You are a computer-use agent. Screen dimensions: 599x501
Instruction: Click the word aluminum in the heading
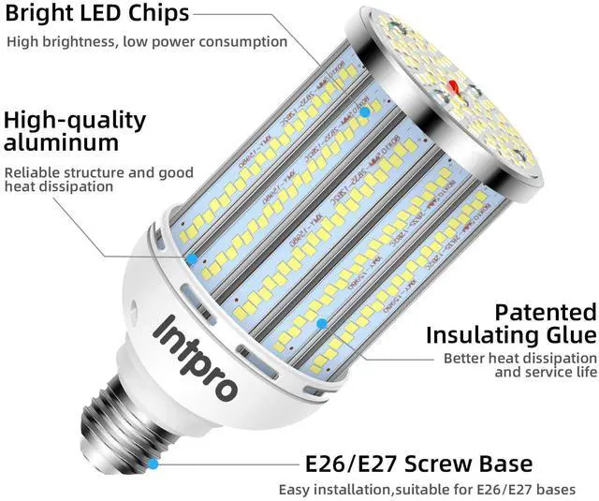[62, 142]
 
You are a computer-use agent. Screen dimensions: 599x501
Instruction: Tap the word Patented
[545, 312]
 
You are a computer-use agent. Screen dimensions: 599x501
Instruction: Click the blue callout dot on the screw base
[153, 463]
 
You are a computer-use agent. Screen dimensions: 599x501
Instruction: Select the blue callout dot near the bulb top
[365, 111]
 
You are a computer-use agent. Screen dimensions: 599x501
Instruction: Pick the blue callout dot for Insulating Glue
[321, 323]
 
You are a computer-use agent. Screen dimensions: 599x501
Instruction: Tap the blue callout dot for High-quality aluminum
[191, 258]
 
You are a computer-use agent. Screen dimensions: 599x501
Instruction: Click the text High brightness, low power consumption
[147, 41]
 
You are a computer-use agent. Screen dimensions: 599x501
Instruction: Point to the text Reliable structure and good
[99, 172]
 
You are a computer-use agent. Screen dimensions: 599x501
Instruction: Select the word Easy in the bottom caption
[295, 490]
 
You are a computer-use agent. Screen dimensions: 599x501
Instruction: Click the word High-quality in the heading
[75, 120]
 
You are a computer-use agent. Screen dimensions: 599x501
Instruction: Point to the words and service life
[545, 373]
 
